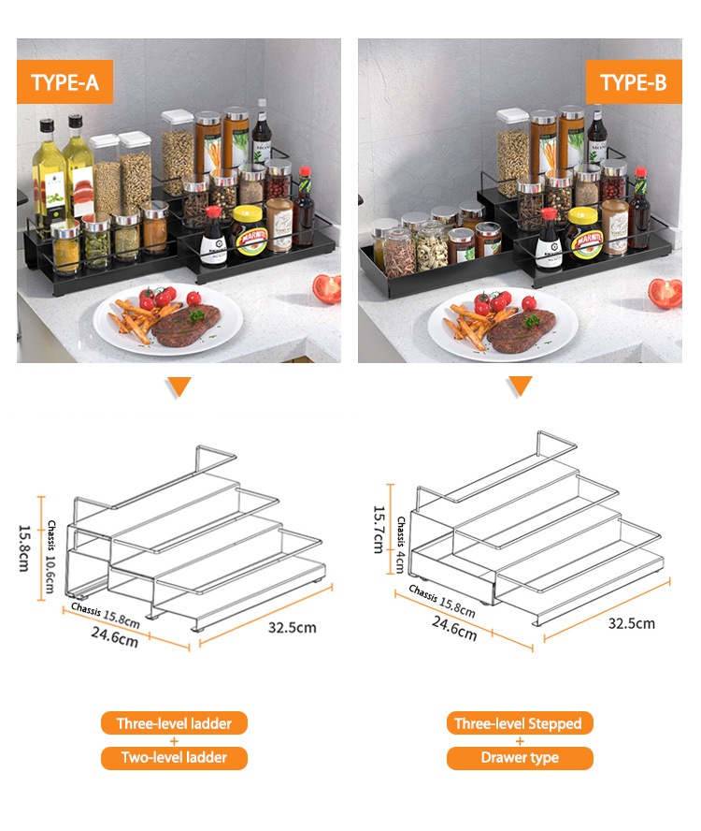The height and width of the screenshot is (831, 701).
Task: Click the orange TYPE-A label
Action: [x=64, y=81]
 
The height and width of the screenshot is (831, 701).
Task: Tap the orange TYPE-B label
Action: [x=634, y=81]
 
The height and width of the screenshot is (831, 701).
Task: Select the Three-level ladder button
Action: [x=174, y=722]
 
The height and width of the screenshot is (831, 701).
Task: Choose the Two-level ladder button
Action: [x=174, y=758]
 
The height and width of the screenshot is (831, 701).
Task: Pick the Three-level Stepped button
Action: [x=520, y=722]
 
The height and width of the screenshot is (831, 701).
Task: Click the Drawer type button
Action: [x=520, y=758]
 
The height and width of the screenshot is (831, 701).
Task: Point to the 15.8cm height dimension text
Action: [x=24, y=548]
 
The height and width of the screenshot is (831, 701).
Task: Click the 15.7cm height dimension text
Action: [x=379, y=530]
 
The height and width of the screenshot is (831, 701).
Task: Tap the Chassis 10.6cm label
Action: [x=50, y=557]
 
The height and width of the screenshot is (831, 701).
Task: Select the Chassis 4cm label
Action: [x=401, y=545]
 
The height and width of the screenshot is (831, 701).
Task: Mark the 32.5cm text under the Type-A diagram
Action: [x=293, y=628]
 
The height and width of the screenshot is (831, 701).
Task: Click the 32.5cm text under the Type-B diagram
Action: [x=632, y=623]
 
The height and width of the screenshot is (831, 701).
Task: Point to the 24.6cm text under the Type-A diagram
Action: [x=115, y=637]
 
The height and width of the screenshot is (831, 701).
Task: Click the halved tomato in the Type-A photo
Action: [x=327, y=289]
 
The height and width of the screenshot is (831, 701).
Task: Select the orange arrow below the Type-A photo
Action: [x=179, y=386]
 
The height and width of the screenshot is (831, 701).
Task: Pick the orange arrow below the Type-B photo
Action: [x=521, y=386]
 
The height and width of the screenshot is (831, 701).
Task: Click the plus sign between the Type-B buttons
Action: [x=520, y=741]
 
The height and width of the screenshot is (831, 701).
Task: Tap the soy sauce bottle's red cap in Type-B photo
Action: [x=549, y=213]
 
